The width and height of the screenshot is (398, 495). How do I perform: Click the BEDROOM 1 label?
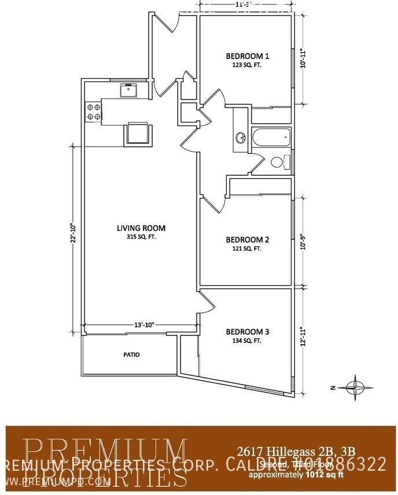[x=247, y=56]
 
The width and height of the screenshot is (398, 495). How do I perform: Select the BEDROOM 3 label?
[x=247, y=332]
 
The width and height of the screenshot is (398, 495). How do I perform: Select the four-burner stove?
[x=93, y=111]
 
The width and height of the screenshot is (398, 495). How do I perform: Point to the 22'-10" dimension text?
[x=73, y=234]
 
